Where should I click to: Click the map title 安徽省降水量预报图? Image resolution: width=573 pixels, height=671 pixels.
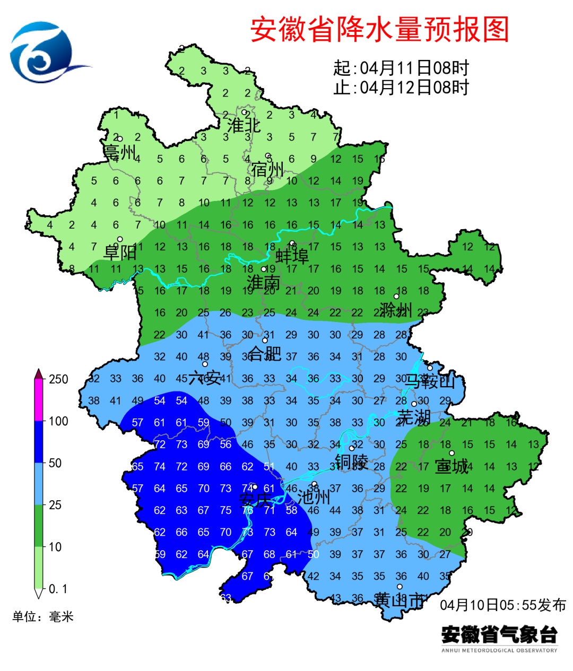[379, 29]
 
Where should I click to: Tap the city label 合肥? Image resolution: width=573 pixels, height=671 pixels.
[265, 353]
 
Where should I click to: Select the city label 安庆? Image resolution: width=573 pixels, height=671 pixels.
[255, 500]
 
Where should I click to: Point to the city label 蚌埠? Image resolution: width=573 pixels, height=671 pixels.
[292, 256]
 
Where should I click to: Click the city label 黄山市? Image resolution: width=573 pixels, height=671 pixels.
[400, 600]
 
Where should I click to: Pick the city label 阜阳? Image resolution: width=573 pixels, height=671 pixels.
[120, 252]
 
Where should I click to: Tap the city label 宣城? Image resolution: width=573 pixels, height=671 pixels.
[452, 466]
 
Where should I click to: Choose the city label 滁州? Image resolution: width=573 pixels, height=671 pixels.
[396, 309]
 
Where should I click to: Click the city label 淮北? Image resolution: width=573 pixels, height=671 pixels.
[244, 126]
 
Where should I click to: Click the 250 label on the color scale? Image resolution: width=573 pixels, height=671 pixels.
[59, 379]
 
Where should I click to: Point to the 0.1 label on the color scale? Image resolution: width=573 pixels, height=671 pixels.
[58, 589]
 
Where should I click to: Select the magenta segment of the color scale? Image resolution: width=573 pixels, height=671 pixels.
[39, 400]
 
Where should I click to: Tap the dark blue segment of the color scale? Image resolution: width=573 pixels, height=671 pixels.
[39, 442]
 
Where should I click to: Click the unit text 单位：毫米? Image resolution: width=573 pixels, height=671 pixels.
[43, 616]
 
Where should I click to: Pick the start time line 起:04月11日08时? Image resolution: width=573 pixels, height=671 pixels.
[401, 68]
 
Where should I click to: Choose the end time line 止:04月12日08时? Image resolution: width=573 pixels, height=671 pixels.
[401, 88]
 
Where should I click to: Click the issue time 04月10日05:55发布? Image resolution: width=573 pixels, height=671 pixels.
[503, 605]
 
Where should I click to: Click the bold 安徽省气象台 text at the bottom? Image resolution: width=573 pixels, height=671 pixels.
[499, 634]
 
